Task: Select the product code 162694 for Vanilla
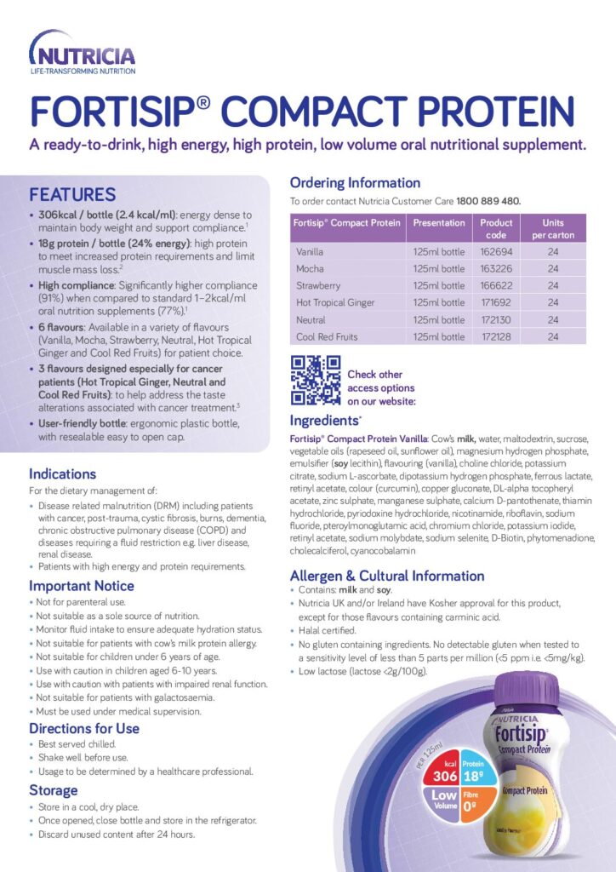pos(495,252)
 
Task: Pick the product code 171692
pos(495,302)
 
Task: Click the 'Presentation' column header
pos(439,223)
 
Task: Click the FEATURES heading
pos(72,195)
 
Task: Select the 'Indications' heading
pos(63,473)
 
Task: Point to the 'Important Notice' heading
pos(82,586)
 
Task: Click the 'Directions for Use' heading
pos(84,728)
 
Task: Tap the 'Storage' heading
pos(53,790)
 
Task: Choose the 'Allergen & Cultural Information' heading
pos(387,576)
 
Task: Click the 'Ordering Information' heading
pos(355,182)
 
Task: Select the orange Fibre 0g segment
pos(475,803)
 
